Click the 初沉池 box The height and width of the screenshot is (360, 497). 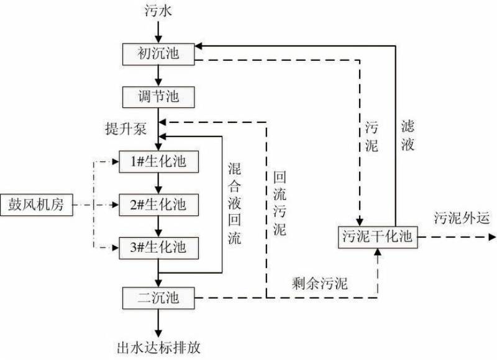(x=159, y=53)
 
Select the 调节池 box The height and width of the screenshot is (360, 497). (x=159, y=97)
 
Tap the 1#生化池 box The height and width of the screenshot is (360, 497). (x=159, y=161)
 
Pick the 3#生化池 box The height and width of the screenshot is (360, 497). (x=159, y=248)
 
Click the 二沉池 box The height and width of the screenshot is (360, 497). (x=159, y=299)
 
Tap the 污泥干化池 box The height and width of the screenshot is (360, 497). (x=378, y=236)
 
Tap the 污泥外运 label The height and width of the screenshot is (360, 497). (x=462, y=218)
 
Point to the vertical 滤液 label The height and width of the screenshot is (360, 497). (x=408, y=135)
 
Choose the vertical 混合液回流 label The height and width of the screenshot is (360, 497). (x=235, y=202)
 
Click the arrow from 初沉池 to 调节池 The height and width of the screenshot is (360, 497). (x=159, y=75)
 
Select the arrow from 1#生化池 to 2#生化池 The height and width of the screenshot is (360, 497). (x=159, y=182)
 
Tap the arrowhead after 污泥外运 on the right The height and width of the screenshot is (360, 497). (x=491, y=236)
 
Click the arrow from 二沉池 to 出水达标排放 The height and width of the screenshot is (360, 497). (x=159, y=322)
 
